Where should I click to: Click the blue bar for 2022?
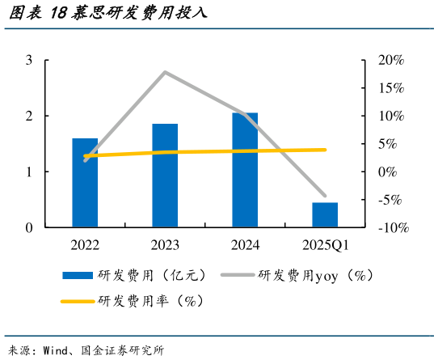tap(85, 183)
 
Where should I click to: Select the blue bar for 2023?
tap(165, 176)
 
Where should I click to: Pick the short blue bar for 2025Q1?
tap(325, 214)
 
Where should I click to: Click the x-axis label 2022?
tap(85, 244)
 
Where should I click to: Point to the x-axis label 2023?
tap(165, 244)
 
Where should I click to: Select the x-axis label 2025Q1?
tap(325, 244)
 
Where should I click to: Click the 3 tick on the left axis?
tap(29, 61)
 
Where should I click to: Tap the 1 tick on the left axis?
tap(29, 172)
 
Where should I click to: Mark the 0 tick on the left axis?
tap(29, 228)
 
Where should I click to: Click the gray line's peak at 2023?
tap(165, 72)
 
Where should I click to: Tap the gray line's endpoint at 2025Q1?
tap(325, 196)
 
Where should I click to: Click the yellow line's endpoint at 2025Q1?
tap(325, 150)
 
